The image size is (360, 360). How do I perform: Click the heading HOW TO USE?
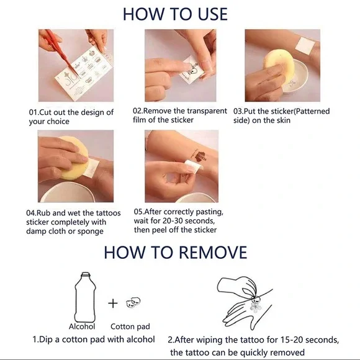click(x=175, y=14)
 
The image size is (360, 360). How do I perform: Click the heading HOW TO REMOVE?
click(x=176, y=253)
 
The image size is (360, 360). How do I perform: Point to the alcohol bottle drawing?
click(x=85, y=297)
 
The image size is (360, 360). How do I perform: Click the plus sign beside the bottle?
click(x=113, y=304)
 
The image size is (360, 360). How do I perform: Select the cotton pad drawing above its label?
click(x=133, y=303)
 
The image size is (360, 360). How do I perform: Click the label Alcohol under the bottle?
click(x=82, y=326)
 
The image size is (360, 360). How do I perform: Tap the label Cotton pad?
click(x=130, y=326)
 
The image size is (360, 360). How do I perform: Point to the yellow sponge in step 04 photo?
click(x=73, y=158)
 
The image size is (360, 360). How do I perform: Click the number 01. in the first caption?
click(x=33, y=112)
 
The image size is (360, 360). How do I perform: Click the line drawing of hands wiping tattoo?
click(x=245, y=303)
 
